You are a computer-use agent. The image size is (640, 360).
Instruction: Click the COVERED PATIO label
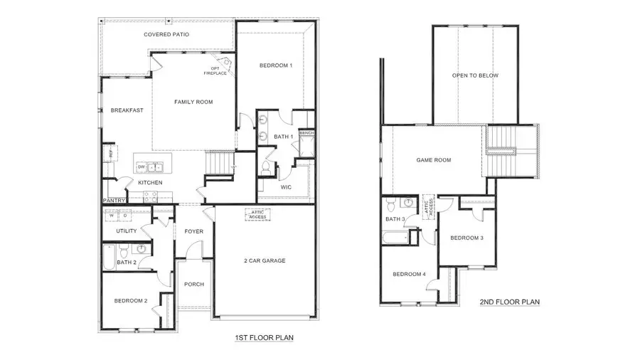[166, 34]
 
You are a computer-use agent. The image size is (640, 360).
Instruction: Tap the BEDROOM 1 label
[276, 65]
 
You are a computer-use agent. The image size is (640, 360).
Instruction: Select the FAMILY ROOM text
[193, 102]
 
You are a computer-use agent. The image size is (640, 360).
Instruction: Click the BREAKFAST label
[127, 110]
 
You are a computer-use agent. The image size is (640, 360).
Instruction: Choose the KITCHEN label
[150, 183]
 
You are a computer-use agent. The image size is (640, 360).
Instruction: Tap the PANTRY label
[115, 201]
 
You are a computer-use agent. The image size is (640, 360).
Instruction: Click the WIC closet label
[287, 187]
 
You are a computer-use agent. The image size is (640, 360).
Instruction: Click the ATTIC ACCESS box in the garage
[257, 213]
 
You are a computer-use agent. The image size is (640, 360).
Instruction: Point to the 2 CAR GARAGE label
[264, 260]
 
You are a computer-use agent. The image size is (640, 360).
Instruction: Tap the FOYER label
[194, 231]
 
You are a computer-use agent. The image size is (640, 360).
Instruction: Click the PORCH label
[193, 284]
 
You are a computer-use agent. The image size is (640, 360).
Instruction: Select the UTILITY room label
[126, 231]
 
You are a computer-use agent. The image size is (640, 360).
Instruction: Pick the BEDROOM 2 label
[131, 301]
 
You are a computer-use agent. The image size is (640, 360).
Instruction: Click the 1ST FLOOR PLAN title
[264, 337]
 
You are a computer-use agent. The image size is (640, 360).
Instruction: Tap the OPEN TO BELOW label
[475, 75]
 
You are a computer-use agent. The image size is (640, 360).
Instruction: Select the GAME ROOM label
[434, 160]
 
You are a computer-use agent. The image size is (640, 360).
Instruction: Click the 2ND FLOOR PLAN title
[509, 302]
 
